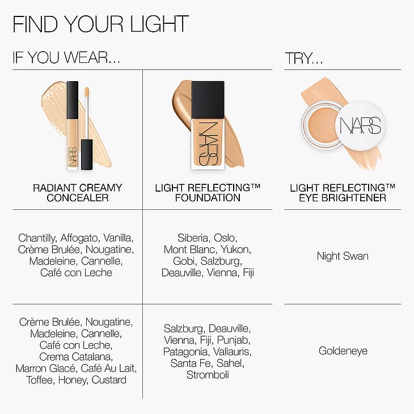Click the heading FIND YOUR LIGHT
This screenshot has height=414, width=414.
[x=100, y=24]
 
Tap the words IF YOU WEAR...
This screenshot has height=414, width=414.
[x=66, y=57]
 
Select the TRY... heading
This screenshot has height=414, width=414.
[x=304, y=58]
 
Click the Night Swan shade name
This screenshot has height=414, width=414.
[x=343, y=256]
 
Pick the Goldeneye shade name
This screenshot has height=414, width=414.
[x=343, y=351]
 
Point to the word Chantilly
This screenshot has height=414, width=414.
[x=37, y=238]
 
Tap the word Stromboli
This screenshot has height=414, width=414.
[x=208, y=375]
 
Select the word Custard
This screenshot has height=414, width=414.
[x=109, y=380]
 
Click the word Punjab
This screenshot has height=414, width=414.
[x=234, y=340]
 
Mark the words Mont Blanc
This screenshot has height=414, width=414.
[x=189, y=250]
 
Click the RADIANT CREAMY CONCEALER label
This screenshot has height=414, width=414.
[x=77, y=193]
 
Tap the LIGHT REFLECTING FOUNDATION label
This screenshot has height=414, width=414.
[x=208, y=193]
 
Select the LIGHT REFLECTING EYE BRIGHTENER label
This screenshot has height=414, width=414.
[x=343, y=193]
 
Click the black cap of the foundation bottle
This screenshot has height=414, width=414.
[x=208, y=100]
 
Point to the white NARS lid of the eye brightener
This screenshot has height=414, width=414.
[x=360, y=125]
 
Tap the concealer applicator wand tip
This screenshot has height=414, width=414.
[x=87, y=92]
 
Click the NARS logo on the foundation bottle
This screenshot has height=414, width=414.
[x=208, y=143]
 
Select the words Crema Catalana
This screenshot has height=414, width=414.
[x=76, y=357]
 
